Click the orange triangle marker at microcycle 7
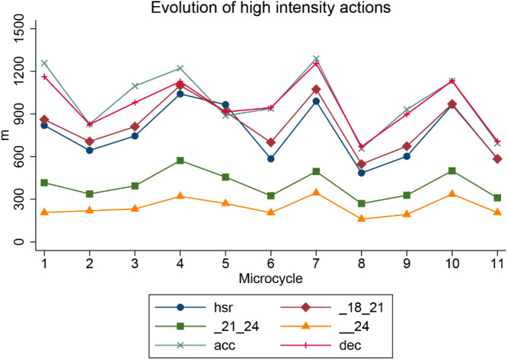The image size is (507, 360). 316,193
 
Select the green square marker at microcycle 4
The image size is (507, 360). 180,161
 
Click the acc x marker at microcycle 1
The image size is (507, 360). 44,63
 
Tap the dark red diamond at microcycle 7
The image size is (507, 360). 316,89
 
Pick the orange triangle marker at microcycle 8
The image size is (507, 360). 362,219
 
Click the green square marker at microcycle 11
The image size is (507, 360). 497,198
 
